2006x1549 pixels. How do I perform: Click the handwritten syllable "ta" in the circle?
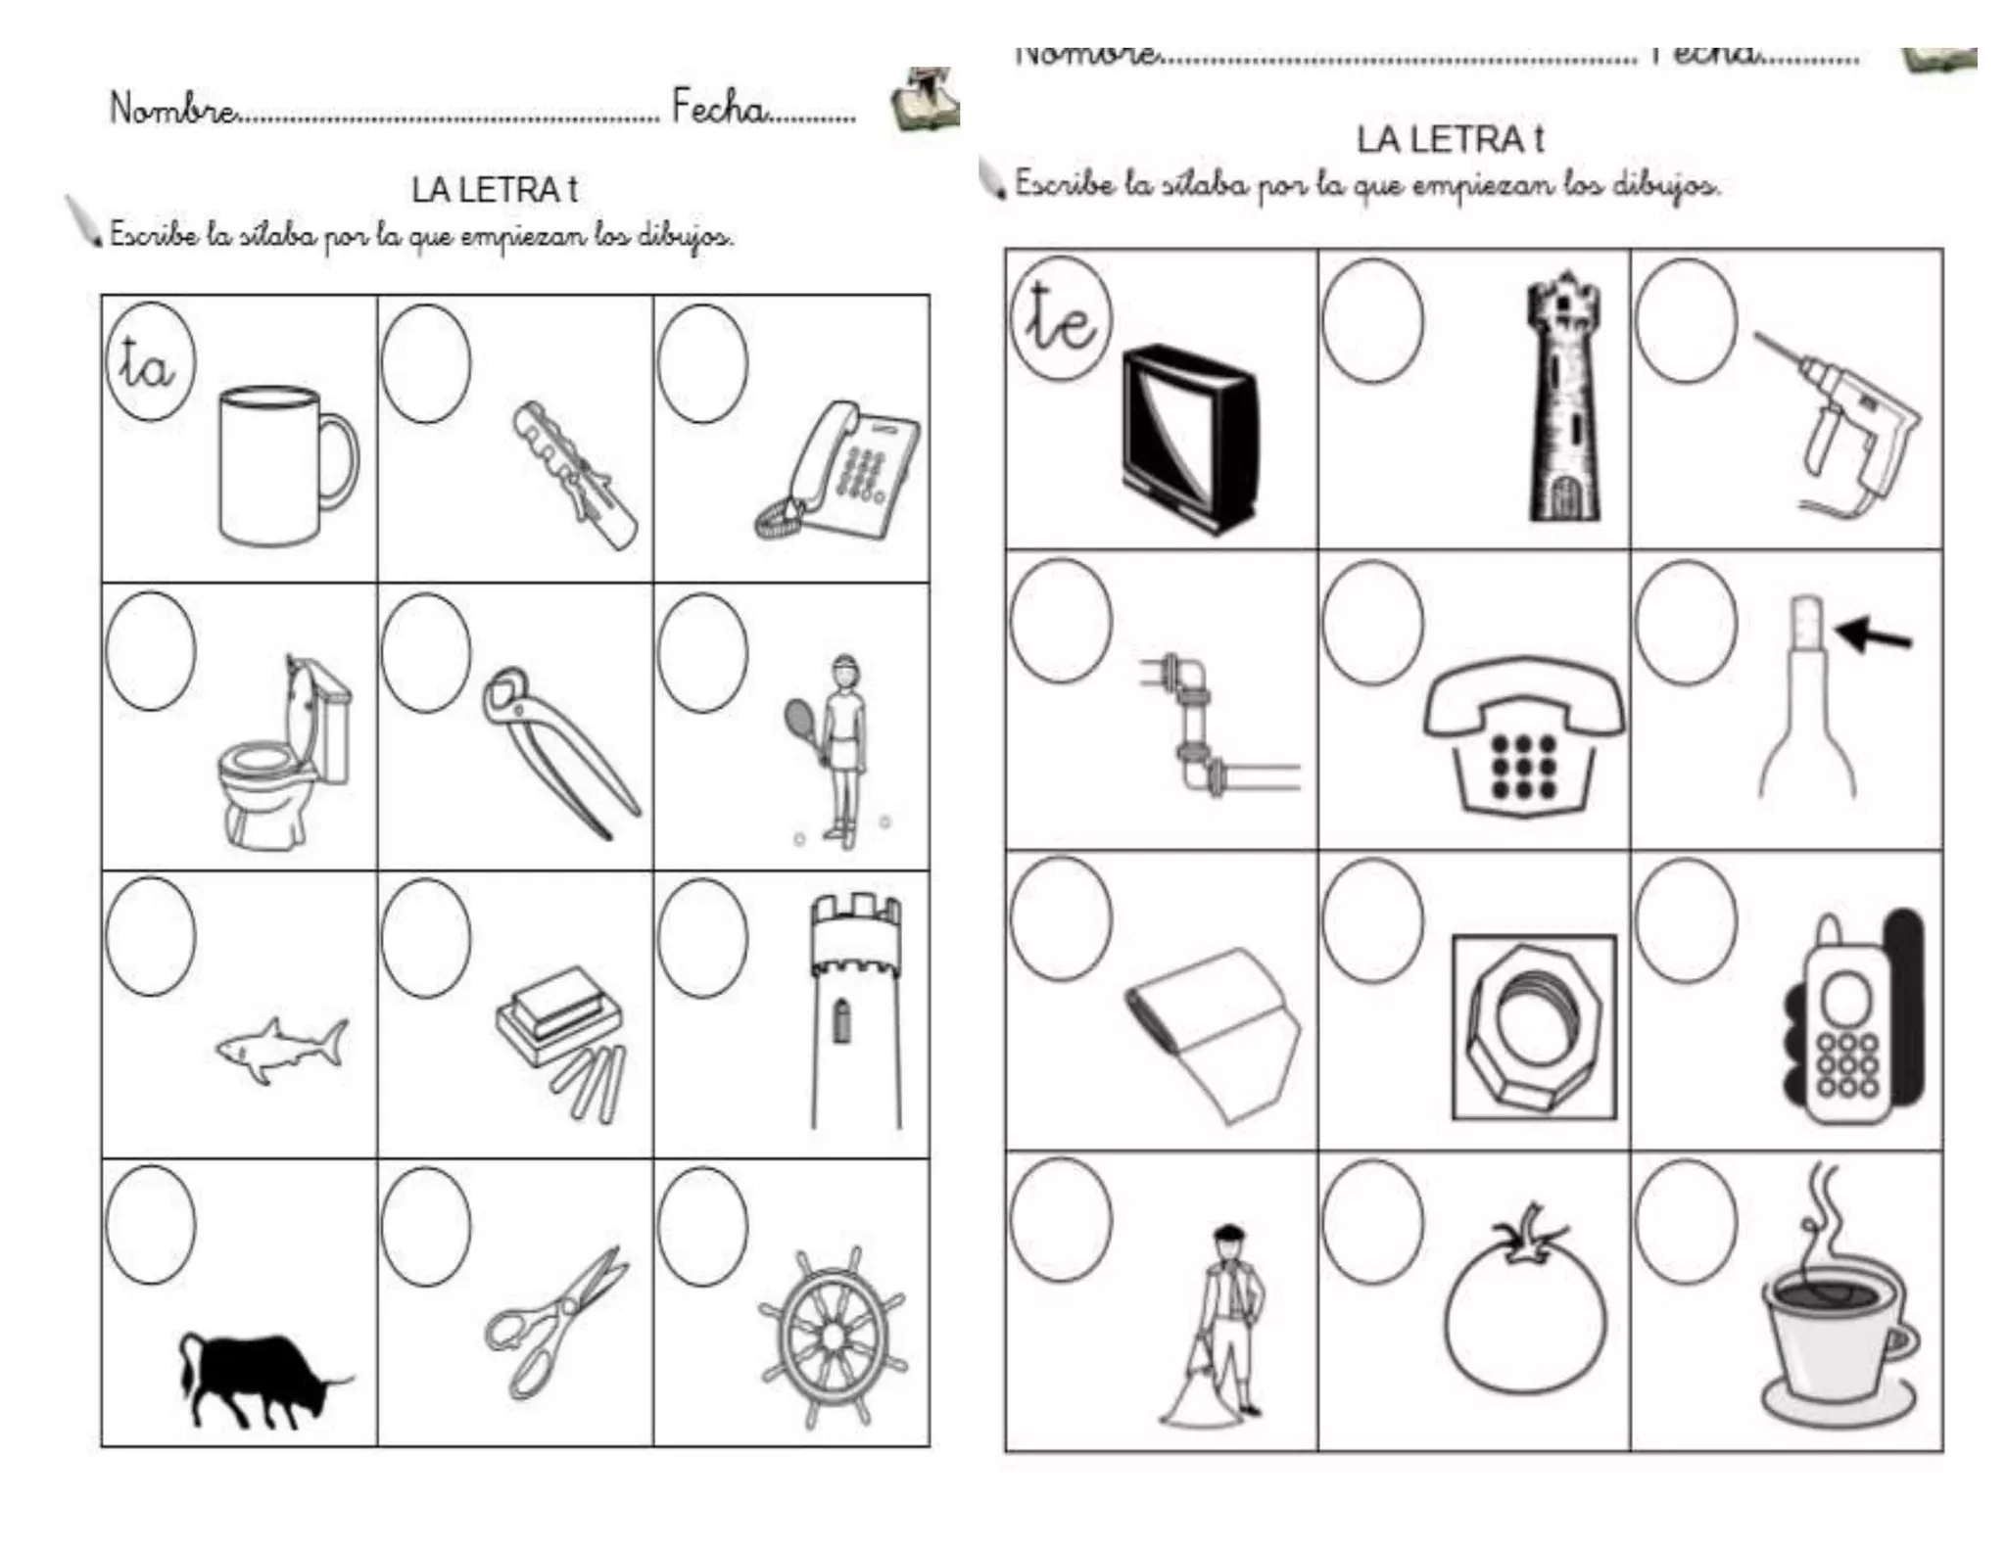click(x=147, y=365)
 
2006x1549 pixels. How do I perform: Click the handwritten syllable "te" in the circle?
click(x=1060, y=319)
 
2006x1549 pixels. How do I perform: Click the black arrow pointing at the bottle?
click(x=1873, y=635)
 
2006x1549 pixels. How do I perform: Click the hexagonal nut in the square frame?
click(x=1533, y=1027)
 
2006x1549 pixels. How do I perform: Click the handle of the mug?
click(x=340, y=461)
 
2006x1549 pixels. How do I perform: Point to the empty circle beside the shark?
click(x=151, y=936)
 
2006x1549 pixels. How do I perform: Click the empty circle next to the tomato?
click(x=1371, y=1221)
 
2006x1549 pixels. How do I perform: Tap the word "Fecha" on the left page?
click(x=718, y=107)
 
